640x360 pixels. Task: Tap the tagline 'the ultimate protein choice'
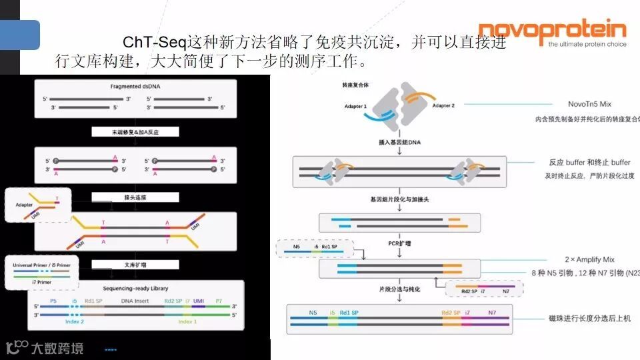(587, 45)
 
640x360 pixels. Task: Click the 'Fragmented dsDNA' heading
(136, 87)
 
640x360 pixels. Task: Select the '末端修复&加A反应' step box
(135, 132)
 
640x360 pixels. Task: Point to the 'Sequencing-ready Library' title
(135, 288)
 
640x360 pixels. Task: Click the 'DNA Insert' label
(135, 301)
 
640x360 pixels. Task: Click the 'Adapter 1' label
(355, 107)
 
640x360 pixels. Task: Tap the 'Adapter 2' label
(443, 105)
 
